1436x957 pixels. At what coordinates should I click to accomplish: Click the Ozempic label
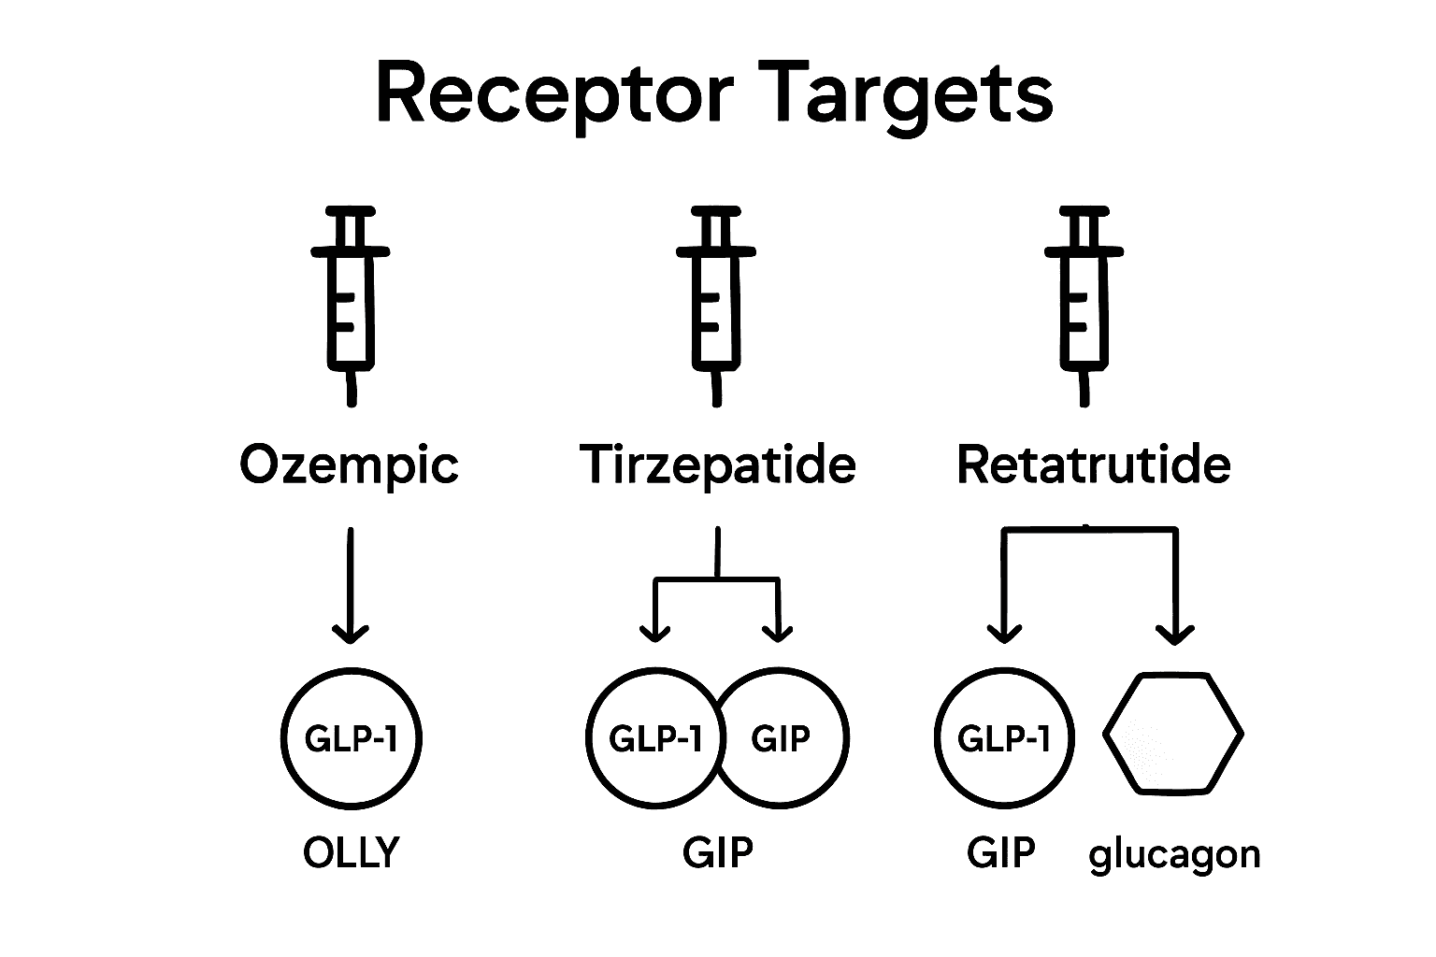coord(350,465)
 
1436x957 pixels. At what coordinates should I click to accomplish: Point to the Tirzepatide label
coord(717,464)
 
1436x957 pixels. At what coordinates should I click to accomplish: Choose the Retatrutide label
coord(1093,464)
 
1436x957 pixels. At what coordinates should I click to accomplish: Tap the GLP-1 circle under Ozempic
coord(352,738)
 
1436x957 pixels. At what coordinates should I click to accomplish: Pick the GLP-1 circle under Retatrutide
coord(1004,738)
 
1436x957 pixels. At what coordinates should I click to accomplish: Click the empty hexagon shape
coord(1174,735)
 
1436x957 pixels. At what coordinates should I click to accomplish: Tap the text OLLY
coord(352,852)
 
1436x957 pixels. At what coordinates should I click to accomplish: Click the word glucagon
coord(1174,854)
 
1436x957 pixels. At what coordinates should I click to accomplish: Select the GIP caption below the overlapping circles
coord(717,852)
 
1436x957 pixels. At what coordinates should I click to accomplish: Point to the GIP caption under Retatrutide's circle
coord(1001,852)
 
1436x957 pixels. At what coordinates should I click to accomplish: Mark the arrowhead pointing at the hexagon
coord(1175,635)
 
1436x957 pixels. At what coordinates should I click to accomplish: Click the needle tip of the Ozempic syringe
coord(352,400)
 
